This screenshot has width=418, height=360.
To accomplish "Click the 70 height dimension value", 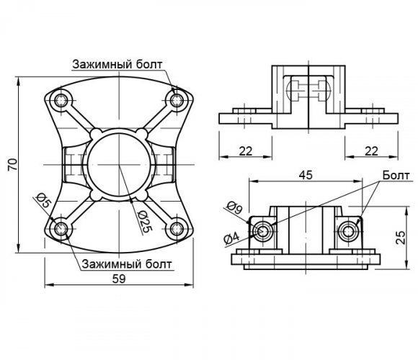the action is pos(12,165).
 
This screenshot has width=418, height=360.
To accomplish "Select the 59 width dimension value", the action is pos(119,279).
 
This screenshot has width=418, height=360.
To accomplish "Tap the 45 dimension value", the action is pos(306,175).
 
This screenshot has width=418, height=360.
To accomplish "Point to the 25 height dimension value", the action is pos(400,237).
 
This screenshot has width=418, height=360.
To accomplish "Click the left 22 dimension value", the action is pos(245,151).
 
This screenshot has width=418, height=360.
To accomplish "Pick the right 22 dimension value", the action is pos(371,151).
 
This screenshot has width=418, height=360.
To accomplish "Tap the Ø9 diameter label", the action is pos(234,207).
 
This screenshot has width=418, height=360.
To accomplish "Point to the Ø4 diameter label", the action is pos(232,238).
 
